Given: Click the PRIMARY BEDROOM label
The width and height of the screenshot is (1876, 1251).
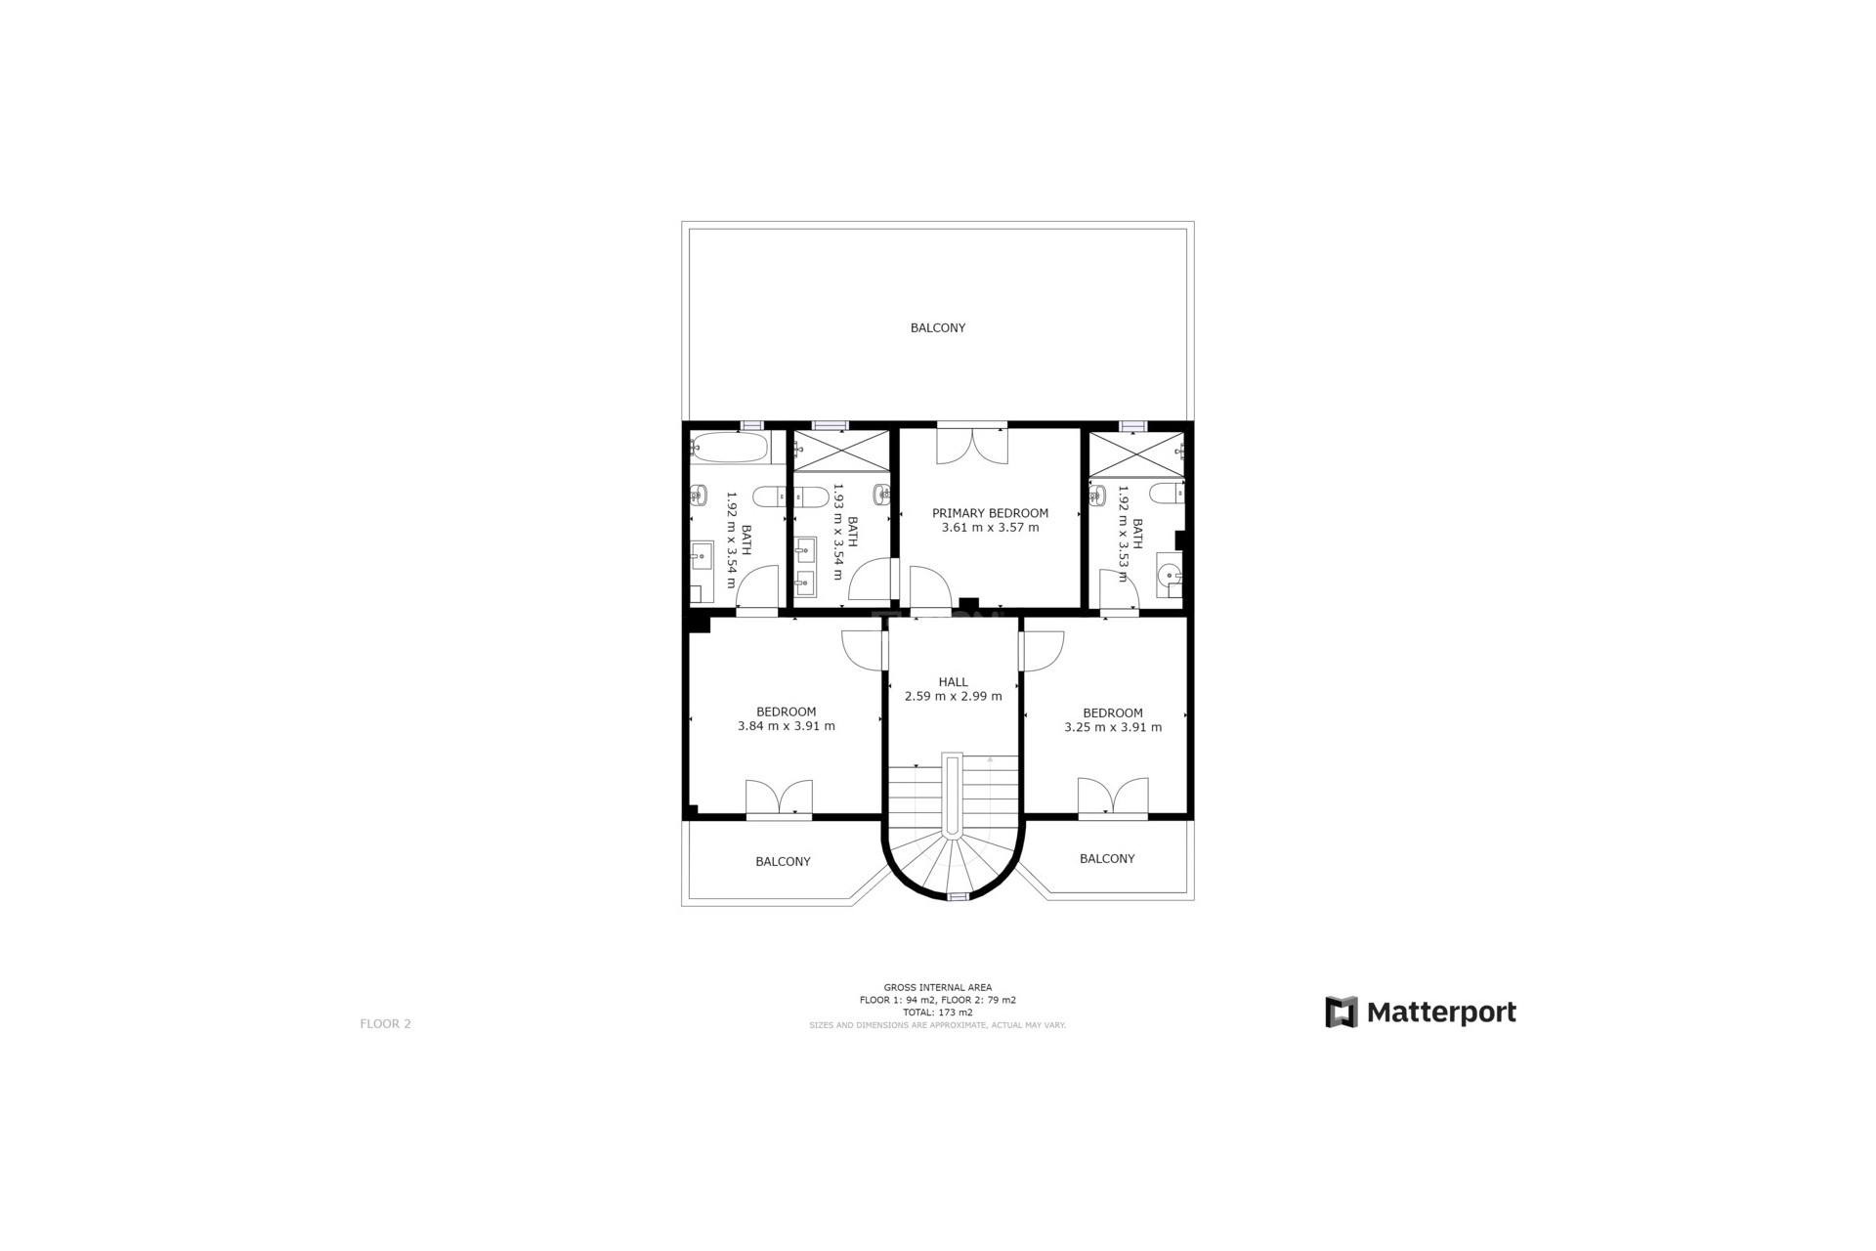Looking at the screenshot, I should point(990,513).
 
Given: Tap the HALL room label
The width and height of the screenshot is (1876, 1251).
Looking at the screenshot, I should point(953,682).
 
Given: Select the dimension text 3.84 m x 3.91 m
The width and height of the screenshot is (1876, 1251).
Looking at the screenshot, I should point(786,726).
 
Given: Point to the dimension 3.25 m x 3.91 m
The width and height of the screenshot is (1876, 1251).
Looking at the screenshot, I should point(1113,727).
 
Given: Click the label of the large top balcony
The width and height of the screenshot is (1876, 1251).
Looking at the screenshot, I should point(937,327).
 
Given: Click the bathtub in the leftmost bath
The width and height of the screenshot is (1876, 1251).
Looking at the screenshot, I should point(729,449).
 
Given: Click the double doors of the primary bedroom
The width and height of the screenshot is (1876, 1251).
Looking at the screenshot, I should point(971,445).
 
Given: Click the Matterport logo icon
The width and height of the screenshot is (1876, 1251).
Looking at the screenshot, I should point(1341,1012).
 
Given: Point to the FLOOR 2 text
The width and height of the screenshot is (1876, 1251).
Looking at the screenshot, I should point(385,1023).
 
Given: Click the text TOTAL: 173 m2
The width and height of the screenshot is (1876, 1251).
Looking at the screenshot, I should point(937,1013).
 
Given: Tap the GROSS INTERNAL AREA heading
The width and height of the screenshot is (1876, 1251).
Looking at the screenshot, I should point(937,987).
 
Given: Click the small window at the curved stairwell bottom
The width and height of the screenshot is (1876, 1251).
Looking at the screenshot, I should point(959,896).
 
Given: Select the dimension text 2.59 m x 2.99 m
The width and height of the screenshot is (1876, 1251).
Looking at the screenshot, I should point(953,697).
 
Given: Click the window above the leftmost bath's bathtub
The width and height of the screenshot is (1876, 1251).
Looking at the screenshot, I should point(750,425).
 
